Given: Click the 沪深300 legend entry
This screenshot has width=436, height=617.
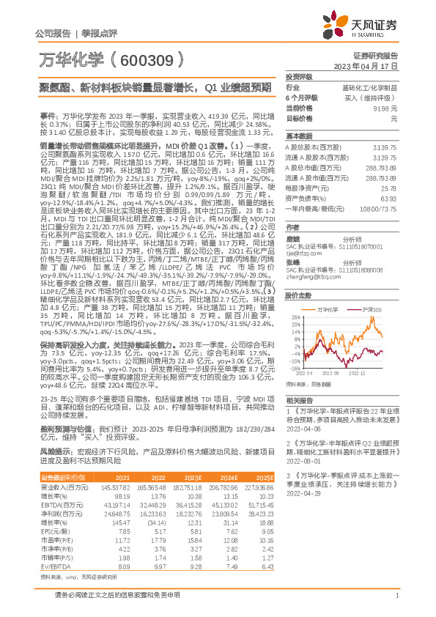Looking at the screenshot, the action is click(x=372, y=311).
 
